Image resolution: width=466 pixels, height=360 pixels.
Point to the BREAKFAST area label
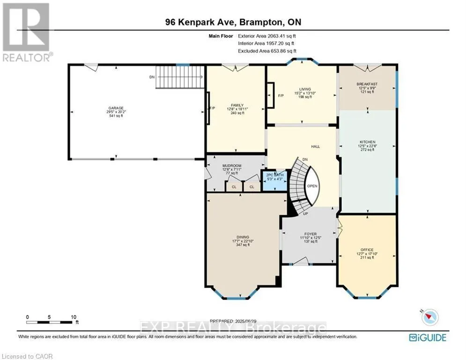[x=367, y=84]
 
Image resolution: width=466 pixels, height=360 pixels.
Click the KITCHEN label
[x=368, y=142]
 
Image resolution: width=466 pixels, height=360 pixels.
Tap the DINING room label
[x=242, y=237]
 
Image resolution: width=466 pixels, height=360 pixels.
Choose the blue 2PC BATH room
[x=274, y=180]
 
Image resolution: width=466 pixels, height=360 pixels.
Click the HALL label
[x=315, y=147]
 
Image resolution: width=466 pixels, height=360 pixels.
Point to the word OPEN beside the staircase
[x=312, y=186]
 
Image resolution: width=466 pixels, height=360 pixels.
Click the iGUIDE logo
[x=427, y=337]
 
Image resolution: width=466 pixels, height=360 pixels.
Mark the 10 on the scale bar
[x=73, y=317]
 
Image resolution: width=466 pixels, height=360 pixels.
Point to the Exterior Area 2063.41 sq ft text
[x=267, y=36]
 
